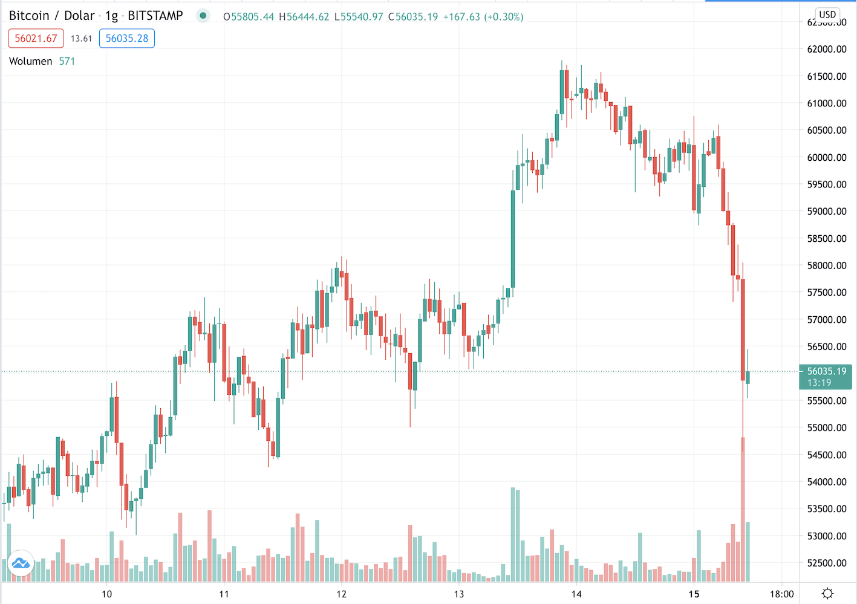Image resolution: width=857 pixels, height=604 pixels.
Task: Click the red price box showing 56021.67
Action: (x=36, y=39)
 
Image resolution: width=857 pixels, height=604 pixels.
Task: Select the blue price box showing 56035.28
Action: (x=127, y=39)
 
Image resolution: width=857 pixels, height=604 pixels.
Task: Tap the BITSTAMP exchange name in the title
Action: (x=155, y=16)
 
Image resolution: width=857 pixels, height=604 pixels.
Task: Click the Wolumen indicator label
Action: (x=31, y=61)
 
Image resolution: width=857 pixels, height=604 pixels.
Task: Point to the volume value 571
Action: (x=67, y=61)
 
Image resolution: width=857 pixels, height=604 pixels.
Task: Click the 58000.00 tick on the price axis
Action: (x=827, y=265)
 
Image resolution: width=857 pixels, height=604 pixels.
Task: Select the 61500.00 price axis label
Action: (x=827, y=76)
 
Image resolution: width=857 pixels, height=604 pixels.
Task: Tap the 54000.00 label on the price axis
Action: (x=827, y=482)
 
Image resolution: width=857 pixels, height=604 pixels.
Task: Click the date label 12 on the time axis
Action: (x=342, y=594)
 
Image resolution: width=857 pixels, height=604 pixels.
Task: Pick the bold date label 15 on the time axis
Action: (x=694, y=594)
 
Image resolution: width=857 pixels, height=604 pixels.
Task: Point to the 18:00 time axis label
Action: (x=781, y=594)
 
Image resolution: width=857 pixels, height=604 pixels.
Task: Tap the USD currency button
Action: (x=827, y=15)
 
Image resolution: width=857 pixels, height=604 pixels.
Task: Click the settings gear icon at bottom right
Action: (x=827, y=593)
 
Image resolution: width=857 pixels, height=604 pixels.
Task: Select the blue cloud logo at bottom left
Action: (x=21, y=563)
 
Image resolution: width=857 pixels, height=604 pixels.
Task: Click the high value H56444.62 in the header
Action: (x=304, y=17)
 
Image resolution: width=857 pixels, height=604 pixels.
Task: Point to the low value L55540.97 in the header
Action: (x=359, y=17)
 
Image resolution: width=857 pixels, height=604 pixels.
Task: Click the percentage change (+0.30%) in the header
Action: (x=504, y=17)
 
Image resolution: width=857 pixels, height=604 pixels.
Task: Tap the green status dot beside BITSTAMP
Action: (x=203, y=16)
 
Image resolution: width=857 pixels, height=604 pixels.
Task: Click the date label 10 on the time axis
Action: (x=107, y=594)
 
